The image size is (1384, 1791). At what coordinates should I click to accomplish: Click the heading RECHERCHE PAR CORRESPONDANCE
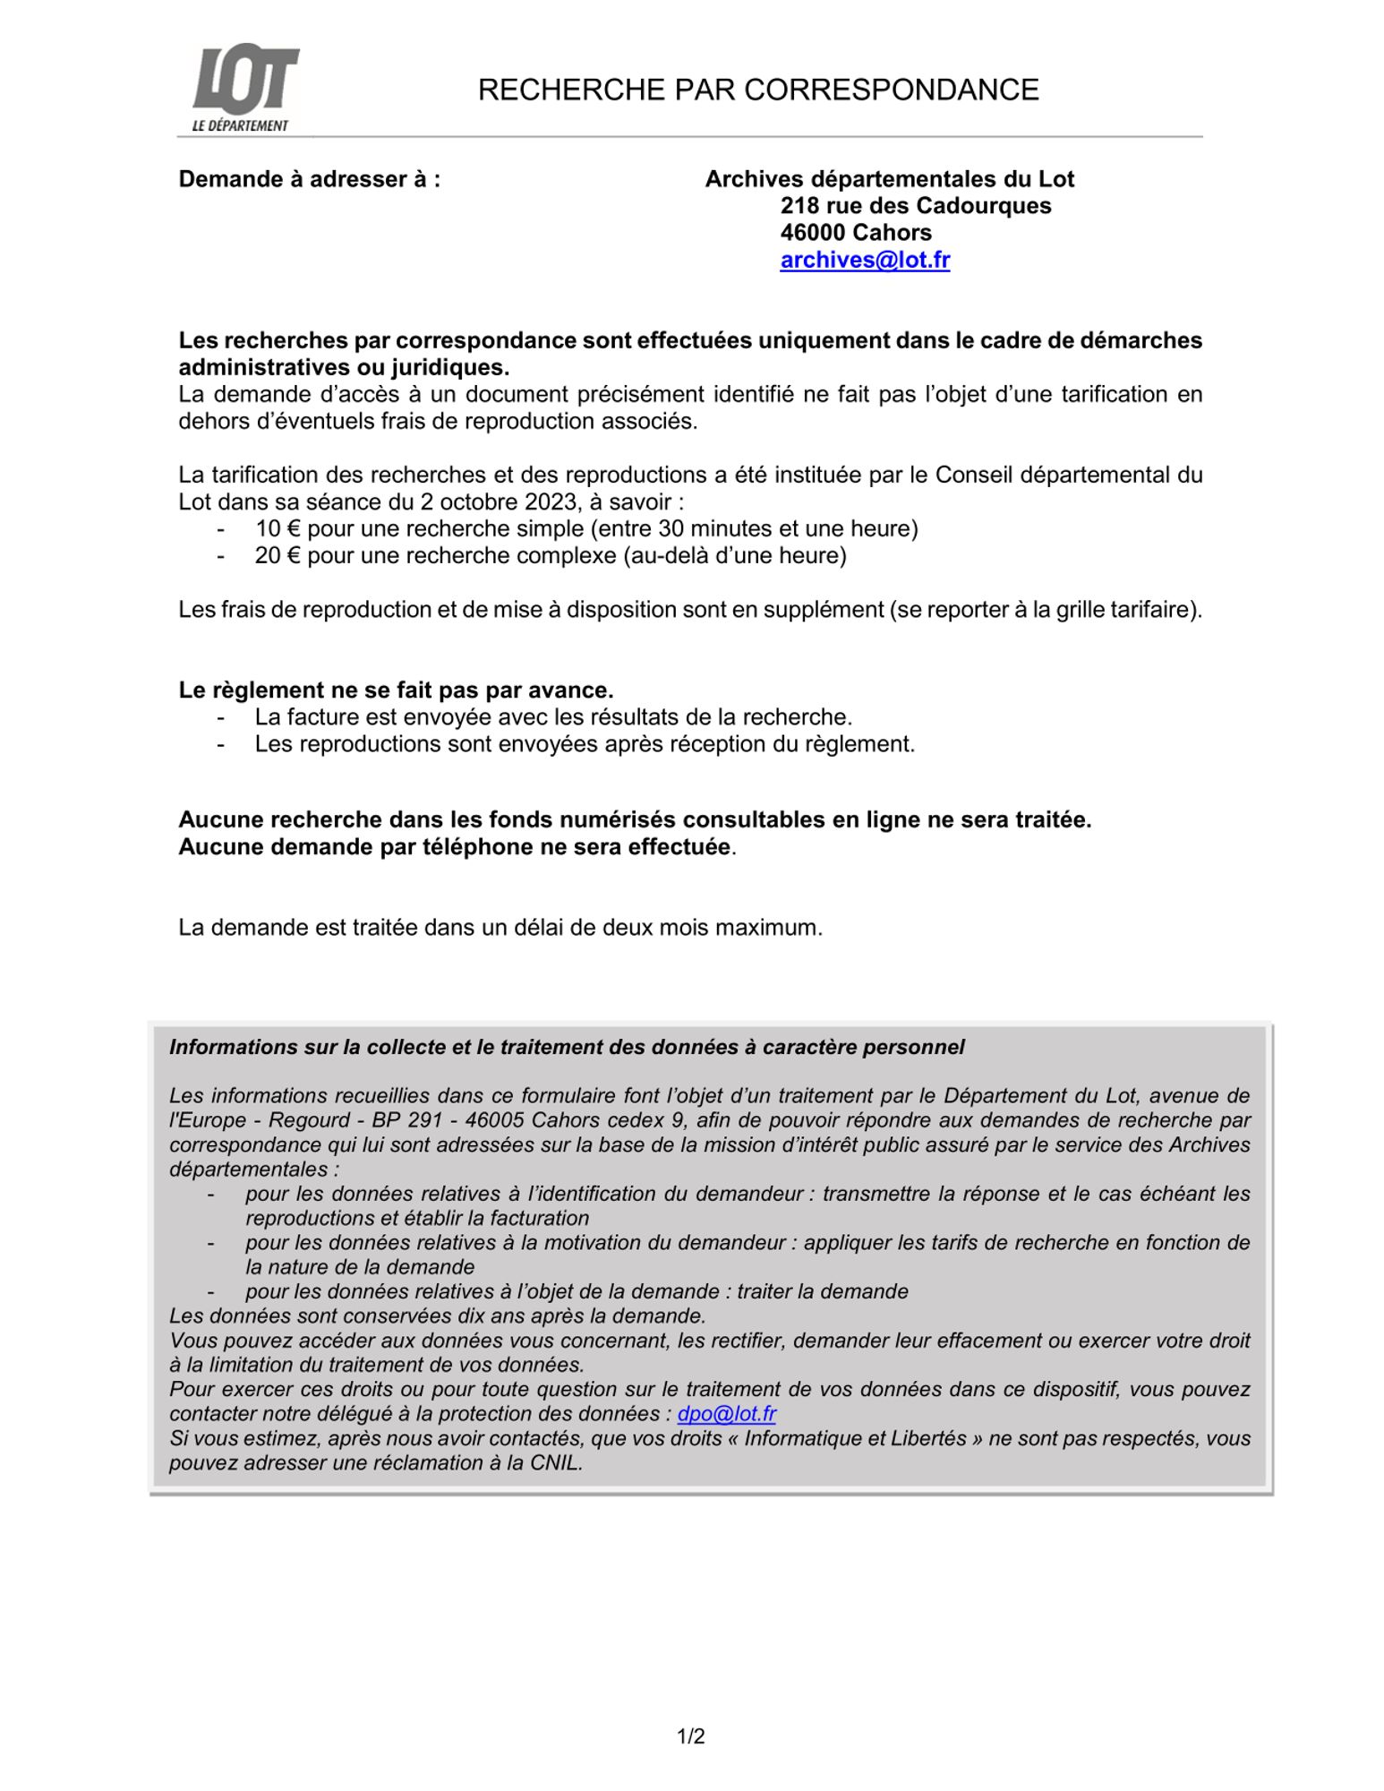click(757, 90)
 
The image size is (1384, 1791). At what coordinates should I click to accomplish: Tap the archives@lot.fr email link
click(864, 260)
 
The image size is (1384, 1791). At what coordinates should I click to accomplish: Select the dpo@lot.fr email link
click(726, 1413)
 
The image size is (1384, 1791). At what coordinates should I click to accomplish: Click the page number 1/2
click(691, 1737)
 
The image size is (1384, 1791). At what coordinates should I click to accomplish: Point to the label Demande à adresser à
click(309, 179)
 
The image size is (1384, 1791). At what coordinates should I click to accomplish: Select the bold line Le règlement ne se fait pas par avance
click(396, 690)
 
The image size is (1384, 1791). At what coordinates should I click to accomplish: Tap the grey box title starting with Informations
click(567, 1047)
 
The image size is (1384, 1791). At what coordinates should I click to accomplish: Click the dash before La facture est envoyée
click(220, 717)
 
